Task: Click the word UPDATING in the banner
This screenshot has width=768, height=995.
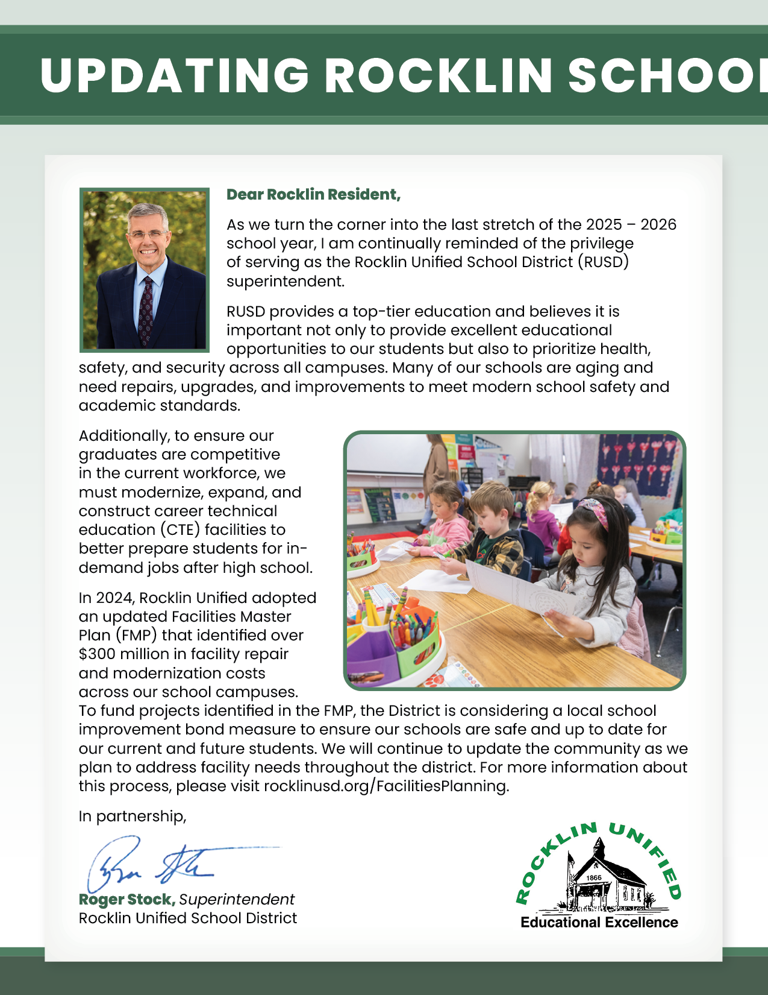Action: (x=174, y=76)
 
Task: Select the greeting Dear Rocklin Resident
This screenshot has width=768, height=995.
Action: (x=313, y=195)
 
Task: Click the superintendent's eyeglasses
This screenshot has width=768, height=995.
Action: (x=147, y=234)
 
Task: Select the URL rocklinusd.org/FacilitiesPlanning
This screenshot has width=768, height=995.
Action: (x=386, y=786)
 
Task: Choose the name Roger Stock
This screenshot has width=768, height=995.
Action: (x=126, y=900)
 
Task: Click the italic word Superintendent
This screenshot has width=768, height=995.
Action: (x=237, y=900)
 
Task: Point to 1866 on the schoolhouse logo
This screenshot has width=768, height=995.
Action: (x=594, y=878)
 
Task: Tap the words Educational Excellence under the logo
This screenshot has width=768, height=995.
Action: (x=599, y=923)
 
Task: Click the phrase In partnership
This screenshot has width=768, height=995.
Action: (x=133, y=817)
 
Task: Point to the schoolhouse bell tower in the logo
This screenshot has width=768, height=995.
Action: (x=598, y=850)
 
